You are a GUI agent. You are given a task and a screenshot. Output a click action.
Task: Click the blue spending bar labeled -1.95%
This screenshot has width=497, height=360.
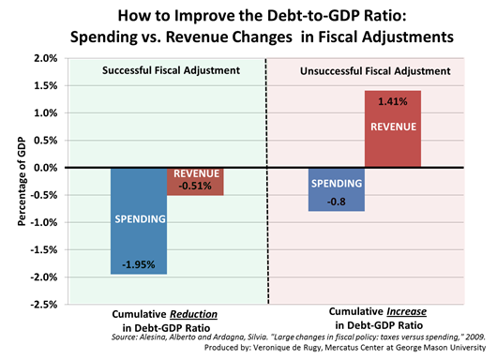[x=139, y=220]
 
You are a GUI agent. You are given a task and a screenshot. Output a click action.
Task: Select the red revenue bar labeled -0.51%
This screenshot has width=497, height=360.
[x=195, y=181]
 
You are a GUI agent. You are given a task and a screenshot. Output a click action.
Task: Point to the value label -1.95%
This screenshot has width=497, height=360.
[x=139, y=263]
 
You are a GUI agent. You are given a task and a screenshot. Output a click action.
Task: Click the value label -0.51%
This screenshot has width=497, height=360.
[x=195, y=186]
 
